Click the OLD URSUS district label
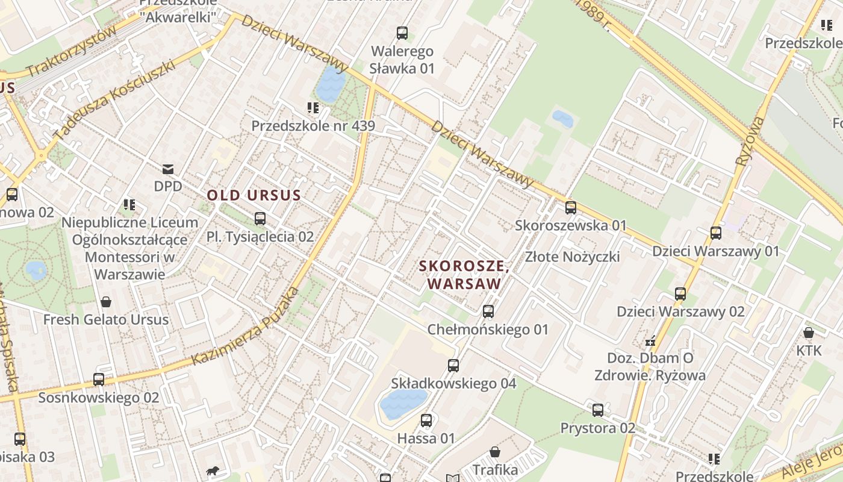[x=254, y=195]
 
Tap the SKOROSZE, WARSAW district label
[x=464, y=275]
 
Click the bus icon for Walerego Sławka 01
[x=402, y=33]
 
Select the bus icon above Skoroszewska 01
[x=570, y=208]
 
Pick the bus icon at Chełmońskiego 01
[x=488, y=311]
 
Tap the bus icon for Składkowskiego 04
[x=453, y=366]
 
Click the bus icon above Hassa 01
[x=426, y=421]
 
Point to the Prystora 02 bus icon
[x=597, y=410]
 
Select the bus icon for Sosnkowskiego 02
[x=99, y=380]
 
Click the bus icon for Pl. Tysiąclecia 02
[x=260, y=219]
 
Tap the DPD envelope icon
[x=168, y=169]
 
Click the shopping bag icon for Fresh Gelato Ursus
[x=106, y=301]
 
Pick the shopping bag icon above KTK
[x=809, y=333]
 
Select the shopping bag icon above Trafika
[x=495, y=452]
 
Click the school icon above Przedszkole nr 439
[x=313, y=108]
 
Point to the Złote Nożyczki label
[x=572, y=257]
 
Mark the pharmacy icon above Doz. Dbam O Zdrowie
[x=650, y=341]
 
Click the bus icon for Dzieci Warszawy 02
[x=680, y=294]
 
